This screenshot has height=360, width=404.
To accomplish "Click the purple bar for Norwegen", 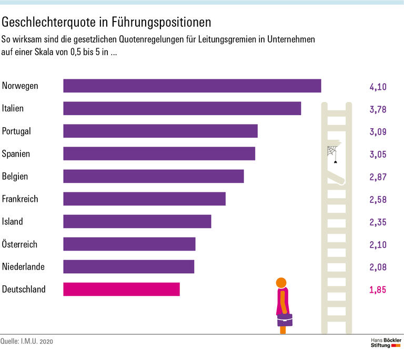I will [x=192, y=86].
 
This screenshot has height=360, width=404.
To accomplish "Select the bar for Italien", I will [x=182, y=108].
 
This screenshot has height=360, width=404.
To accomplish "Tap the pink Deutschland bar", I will [x=122, y=289].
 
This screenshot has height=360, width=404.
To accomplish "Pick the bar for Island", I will [x=137, y=221].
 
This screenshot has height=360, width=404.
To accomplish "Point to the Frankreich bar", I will [x=144, y=199].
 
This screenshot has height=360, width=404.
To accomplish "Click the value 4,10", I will [x=378, y=86].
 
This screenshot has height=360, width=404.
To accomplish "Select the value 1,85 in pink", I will [x=378, y=290].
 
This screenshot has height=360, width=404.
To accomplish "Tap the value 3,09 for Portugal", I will [x=378, y=131].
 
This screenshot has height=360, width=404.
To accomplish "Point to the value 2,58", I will [x=378, y=199].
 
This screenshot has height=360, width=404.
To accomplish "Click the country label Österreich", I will [x=20, y=244].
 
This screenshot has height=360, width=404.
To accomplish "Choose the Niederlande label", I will [x=23, y=267].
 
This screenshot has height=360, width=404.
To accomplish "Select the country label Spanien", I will [x=16, y=154].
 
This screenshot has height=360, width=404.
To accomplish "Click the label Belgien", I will [x=15, y=177].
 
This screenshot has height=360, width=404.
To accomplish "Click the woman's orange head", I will [x=281, y=282].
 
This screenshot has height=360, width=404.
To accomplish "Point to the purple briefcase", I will [x=285, y=320].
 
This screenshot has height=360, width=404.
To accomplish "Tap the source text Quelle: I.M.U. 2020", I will [x=27, y=342].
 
